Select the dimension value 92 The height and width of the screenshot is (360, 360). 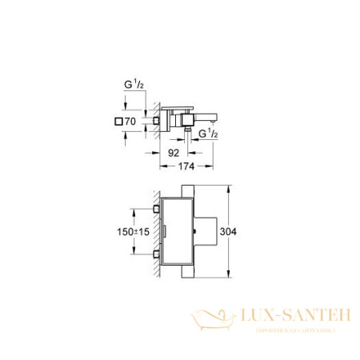[x=171, y=149]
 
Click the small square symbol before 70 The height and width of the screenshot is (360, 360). [x=122, y=122]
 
